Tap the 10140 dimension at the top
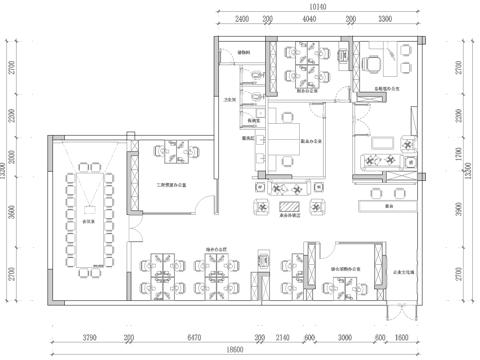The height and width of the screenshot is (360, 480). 318,6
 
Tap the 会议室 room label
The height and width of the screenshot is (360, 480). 88,221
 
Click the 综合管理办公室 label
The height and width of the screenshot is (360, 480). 346,270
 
